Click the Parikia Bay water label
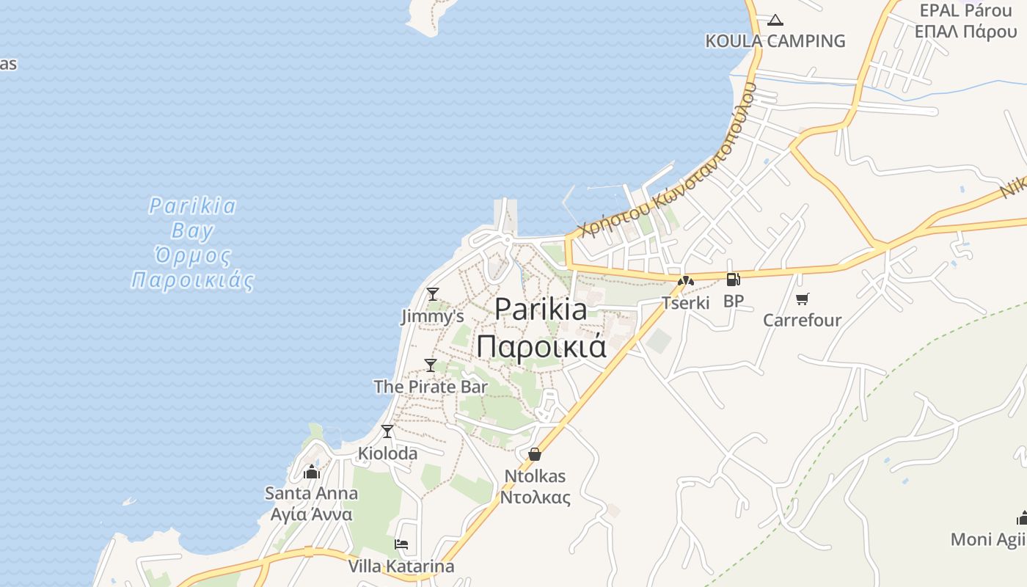(193, 243)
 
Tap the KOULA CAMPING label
(775, 41)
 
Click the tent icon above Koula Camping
(775, 21)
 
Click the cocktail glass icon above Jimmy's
(433, 294)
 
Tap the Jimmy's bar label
(433, 316)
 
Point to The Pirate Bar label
(431, 387)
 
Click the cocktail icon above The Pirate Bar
(431, 365)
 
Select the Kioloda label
(387, 453)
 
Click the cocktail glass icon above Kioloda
(387, 431)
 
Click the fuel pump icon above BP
(733, 279)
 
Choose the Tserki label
(686, 302)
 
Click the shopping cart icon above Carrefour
(803, 299)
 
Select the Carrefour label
(803, 320)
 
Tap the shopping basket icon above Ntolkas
(535, 455)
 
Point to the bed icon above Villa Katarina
(401, 544)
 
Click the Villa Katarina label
(401, 566)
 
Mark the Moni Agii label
(988, 539)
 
